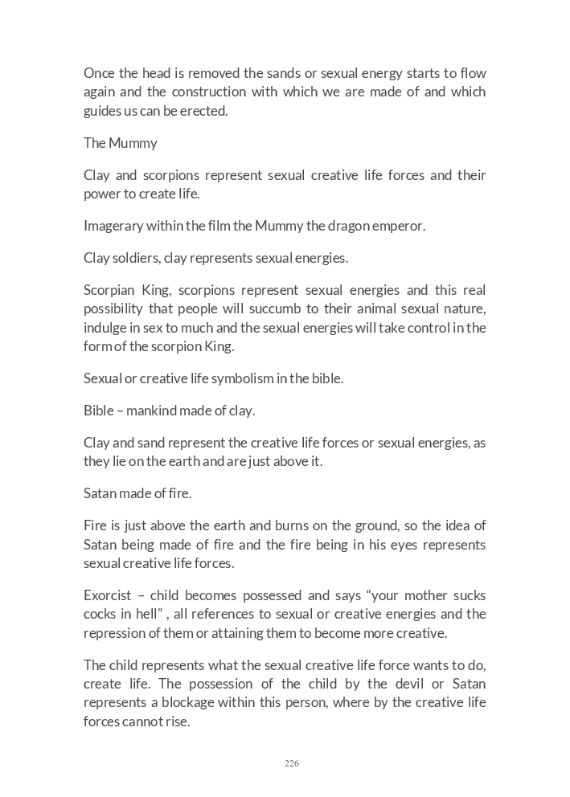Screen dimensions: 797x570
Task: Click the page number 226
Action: (x=291, y=763)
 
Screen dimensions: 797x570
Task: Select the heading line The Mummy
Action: (x=121, y=143)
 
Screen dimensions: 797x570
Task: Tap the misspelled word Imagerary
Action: (x=113, y=226)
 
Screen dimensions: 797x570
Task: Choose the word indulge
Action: (x=105, y=328)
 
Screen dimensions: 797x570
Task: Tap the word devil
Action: (x=401, y=685)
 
